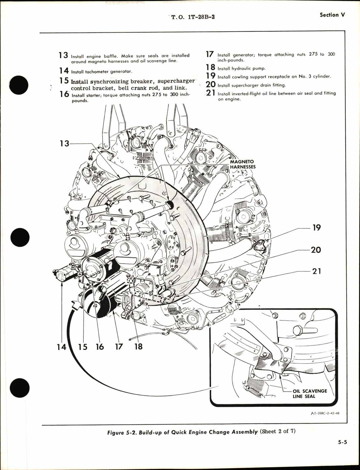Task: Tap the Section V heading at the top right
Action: coord(332,15)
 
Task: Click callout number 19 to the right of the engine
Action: coord(316,227)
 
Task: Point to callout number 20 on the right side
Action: coord(316,250)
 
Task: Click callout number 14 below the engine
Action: coord(61,347)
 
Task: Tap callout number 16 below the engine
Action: coord(100,347)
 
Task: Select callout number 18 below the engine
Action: coord(138,347)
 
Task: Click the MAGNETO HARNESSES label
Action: coord(243,164)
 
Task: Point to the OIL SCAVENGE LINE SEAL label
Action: coord(310,394)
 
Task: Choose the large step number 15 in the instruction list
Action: coord(64,81)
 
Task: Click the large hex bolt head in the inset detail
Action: coord(301,330)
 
